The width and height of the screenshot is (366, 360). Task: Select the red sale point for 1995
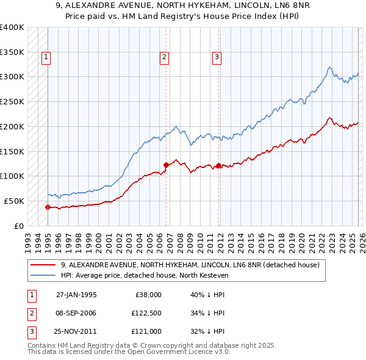[x=48, y=207]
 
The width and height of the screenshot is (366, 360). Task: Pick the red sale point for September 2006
[x=166, y=164]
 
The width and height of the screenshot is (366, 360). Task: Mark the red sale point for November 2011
[x=218, y=165]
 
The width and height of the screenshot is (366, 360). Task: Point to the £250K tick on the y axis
[x=12, y=101]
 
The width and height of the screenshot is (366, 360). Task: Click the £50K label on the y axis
[x=14, y=201]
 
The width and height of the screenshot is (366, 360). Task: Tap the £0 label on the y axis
[x=19, y=226]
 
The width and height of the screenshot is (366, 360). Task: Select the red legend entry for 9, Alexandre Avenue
[x=190, y=265]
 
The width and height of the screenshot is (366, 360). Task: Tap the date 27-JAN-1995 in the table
[x=76, y=294]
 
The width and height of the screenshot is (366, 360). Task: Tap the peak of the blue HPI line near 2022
[x=329, y=67]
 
